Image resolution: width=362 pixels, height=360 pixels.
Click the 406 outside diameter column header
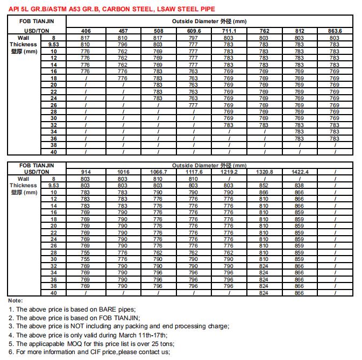[85, 31]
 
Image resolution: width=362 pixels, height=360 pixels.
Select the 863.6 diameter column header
[335, 31]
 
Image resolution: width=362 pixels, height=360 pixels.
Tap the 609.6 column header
[193, 31]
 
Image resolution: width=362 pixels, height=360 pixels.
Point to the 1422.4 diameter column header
[299, 172]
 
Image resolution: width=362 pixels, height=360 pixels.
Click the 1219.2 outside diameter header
[229, 172]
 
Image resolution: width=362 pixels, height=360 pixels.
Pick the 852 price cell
[264, 185]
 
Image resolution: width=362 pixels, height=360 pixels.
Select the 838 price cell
[299, 185]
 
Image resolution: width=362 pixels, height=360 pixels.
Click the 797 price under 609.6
[193, 38]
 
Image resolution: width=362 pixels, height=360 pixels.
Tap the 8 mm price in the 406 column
[85, 38]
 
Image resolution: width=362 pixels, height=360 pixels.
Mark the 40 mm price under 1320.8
[264, 293]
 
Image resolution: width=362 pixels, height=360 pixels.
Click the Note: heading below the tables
[16, 300]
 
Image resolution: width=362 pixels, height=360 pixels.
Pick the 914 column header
[85, 172]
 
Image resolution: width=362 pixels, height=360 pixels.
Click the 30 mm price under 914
[85, 259]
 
